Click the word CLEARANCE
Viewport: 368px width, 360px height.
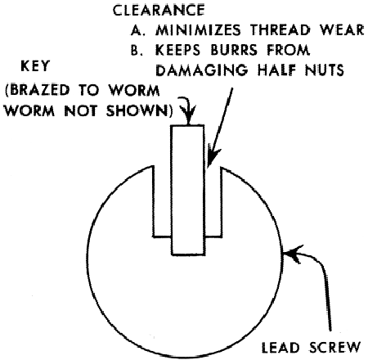159,11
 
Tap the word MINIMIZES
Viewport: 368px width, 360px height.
198,30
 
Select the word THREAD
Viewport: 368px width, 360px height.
280,30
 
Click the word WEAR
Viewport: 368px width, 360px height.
343,30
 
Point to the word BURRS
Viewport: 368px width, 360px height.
234,50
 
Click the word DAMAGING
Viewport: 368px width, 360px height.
202,70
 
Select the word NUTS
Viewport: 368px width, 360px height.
325,70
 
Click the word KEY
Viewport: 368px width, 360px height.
35,65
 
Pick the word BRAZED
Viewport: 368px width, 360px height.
38,90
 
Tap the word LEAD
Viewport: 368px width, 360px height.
280,348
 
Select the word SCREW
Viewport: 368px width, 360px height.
335,348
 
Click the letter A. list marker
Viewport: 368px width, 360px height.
138,30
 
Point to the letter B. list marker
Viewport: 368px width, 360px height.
137,50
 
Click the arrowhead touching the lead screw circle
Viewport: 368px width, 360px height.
293,254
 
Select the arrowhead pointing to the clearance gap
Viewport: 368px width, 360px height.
213,157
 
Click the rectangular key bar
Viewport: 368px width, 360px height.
188,190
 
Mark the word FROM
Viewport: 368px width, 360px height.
289,50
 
